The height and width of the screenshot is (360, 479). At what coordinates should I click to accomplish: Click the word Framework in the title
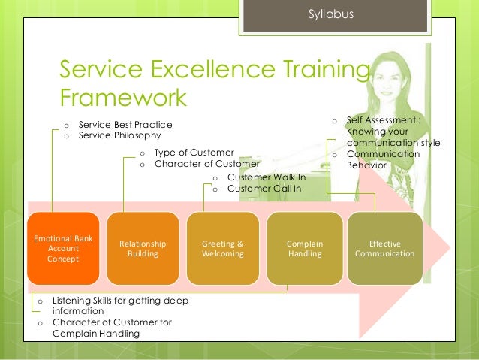click(x=123, y=98)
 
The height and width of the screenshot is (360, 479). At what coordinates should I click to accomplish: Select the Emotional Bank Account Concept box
click(x=63, y=248)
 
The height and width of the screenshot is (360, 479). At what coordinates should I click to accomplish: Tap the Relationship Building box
click(x=143, y=248)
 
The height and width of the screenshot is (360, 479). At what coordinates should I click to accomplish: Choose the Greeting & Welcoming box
click(x=223, y=248)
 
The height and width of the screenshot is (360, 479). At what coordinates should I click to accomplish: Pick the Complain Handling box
click(x=303, y=248)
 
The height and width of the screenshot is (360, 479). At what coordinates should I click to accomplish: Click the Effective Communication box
click(x=385, y=248)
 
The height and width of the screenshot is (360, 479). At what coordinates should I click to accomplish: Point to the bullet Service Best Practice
click(x=125, y=124)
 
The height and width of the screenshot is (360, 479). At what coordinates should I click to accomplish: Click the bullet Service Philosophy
click(x=119, y=135)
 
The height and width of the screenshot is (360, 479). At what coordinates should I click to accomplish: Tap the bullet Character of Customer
click(x=206, y=163)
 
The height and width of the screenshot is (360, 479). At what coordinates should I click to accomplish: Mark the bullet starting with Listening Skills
click(x=120, y=305)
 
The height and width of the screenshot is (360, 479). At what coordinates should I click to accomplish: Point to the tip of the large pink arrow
click(x=450, y=248)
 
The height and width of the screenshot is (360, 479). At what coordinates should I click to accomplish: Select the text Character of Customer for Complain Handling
click(x=112, y=328)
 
